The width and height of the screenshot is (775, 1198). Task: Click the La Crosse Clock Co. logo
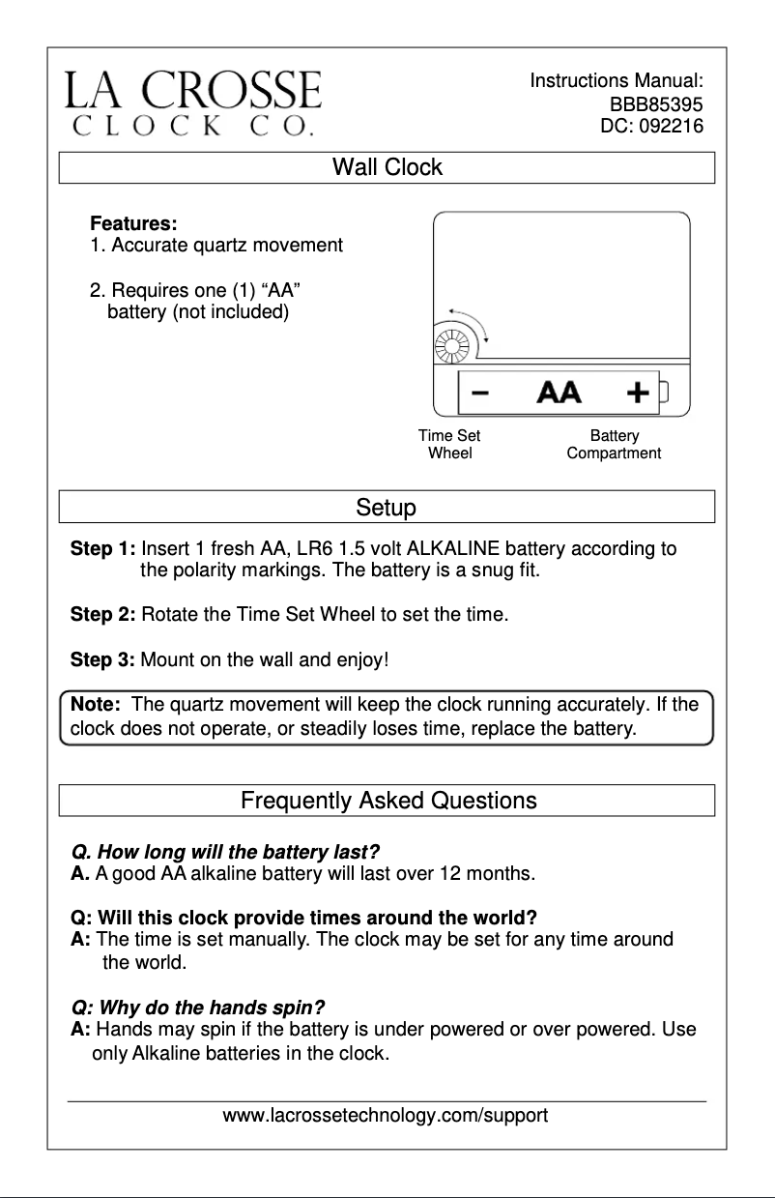point(192,102)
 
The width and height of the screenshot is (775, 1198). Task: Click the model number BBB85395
point(655,104)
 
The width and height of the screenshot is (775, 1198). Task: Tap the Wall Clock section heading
point(387,167)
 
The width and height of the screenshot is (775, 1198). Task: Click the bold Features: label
point(132,224)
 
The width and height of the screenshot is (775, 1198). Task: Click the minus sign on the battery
point(480,393)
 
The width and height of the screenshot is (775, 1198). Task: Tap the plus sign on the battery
point(637,393)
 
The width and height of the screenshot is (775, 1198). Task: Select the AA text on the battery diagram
point(559,393)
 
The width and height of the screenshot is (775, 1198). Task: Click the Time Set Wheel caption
point(449,445)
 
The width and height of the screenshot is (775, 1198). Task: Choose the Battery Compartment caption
point(614,445)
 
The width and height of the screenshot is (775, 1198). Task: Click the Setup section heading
point(386,508)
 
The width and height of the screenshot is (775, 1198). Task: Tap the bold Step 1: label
point(102,550)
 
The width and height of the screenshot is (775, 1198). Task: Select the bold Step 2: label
point(102,614)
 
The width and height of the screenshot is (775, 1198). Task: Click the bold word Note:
point(95,705)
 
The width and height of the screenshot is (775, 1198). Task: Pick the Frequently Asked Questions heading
point(387,801)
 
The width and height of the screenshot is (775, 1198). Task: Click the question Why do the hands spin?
point(198,1006)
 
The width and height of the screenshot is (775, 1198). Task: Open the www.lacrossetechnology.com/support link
point(386,1116)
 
